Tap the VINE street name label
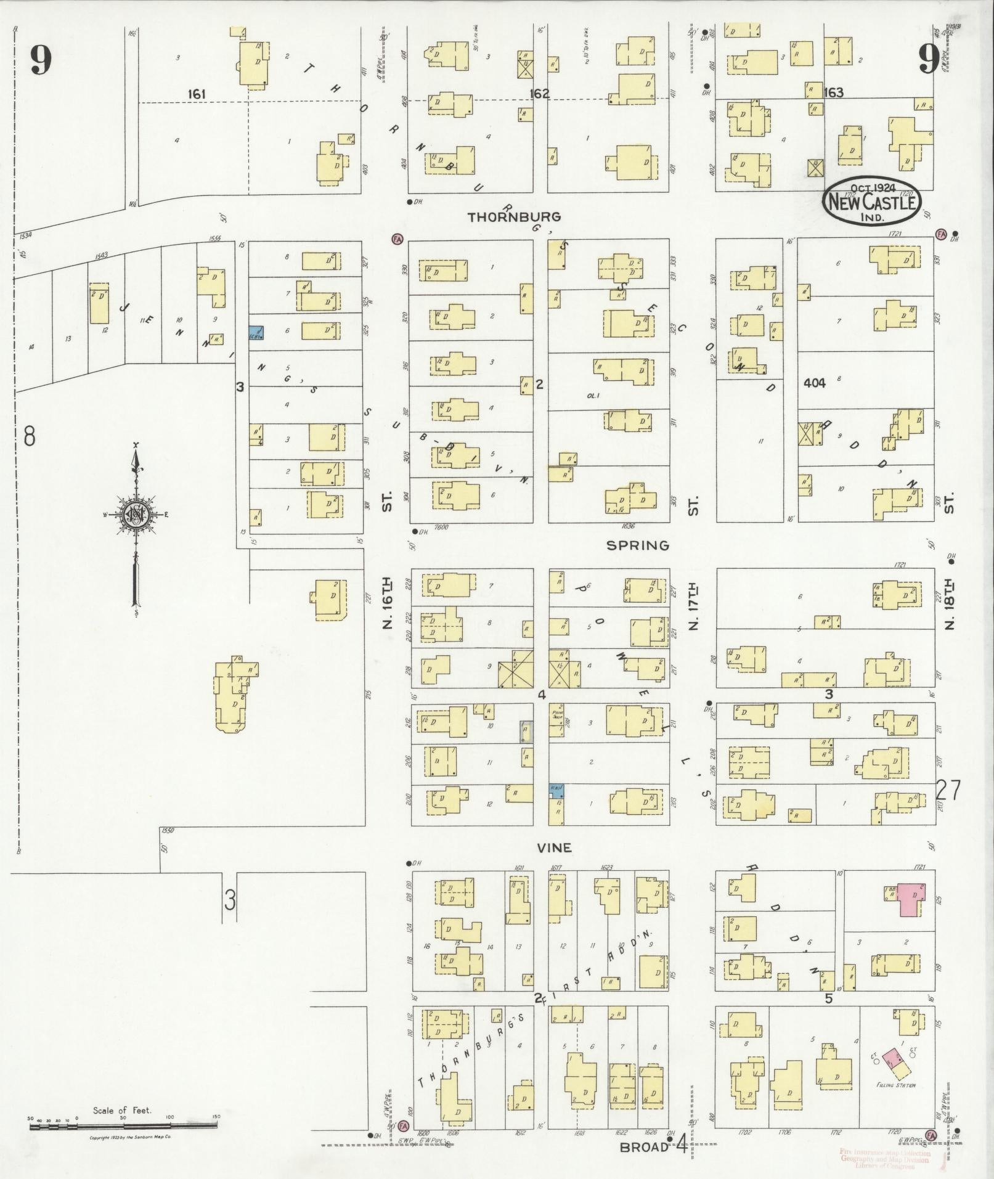(553, 848)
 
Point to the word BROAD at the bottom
(644, 1146)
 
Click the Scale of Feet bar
(123, 1125)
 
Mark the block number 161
(197, 94)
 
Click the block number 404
(814, 383)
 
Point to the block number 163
(833, 93)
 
